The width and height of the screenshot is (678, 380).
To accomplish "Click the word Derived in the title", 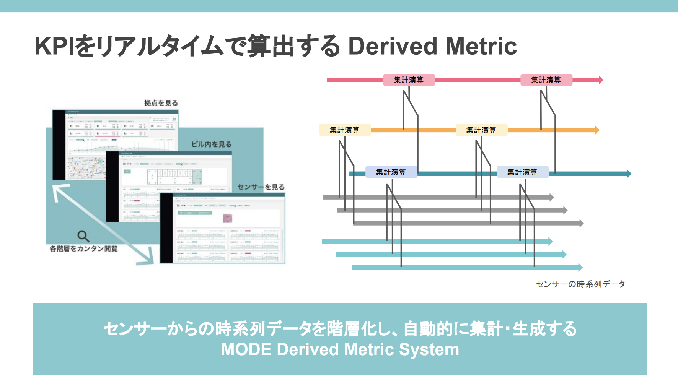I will click(393, 46).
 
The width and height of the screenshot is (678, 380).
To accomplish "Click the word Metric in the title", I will click(481, 46).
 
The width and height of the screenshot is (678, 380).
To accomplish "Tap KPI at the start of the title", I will click(54, 46).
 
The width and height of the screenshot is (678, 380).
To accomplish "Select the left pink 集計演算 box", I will click(409, 80).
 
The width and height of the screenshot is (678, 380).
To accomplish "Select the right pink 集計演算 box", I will click(546, 80).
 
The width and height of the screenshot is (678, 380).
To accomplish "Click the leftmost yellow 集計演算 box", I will click(344, 130).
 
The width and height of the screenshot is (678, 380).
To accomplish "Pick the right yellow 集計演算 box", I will click(481, 130).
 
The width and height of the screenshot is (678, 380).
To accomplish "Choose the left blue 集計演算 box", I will click(391, 172).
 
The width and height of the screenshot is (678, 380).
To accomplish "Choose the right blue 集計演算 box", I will click(522, 172).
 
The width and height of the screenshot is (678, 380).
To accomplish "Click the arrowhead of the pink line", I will click(601, 80).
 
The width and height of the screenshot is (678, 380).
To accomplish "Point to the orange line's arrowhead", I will click(597, 130).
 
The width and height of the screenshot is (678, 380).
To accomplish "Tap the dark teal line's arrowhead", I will click(629, 174).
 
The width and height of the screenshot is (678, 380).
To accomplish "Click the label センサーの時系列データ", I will click(580, 284).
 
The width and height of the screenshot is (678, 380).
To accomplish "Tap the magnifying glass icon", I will click(83, 236).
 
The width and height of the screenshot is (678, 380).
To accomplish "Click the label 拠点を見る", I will click(161, 103).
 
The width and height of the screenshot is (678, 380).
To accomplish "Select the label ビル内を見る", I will click(211, 144).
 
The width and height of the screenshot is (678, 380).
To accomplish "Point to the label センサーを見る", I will click(261, 187).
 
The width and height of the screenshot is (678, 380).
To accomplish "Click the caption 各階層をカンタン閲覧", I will click(83, 248).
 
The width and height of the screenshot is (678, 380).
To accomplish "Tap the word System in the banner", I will click(429, 349).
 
